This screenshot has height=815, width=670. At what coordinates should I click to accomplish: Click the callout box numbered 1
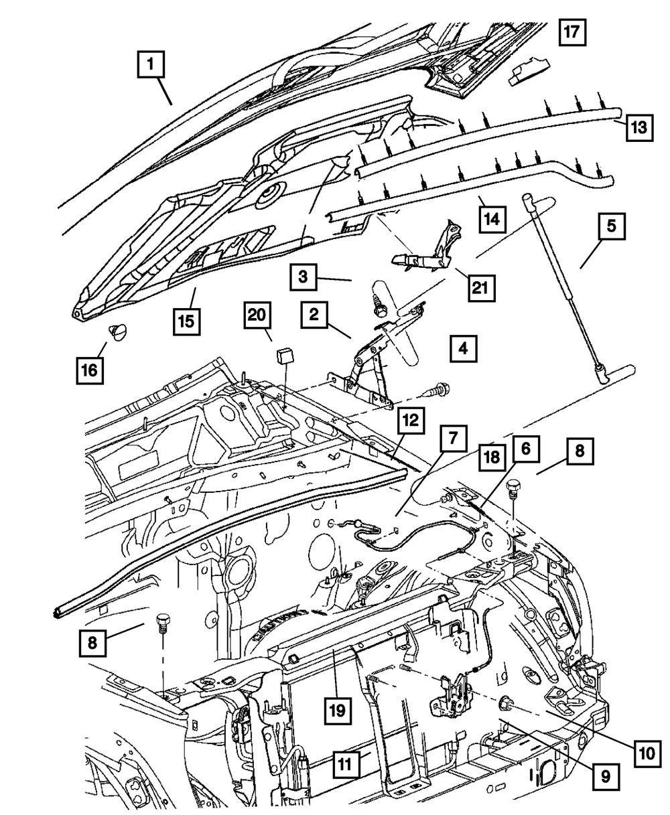(151, 65)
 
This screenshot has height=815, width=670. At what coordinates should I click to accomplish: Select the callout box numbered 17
(573, 31)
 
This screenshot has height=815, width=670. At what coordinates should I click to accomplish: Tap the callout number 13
(639, 127)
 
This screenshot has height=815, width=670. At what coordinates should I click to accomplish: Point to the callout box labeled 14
(494, 218)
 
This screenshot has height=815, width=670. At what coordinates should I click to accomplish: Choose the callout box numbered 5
(611, 227)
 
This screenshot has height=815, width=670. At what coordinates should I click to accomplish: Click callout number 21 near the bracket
(480, 289)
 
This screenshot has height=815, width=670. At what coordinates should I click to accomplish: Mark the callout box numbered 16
(90, 368)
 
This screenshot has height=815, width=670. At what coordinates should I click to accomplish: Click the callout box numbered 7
(454, 439)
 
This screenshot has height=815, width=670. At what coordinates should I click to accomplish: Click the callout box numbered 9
(604, 777)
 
